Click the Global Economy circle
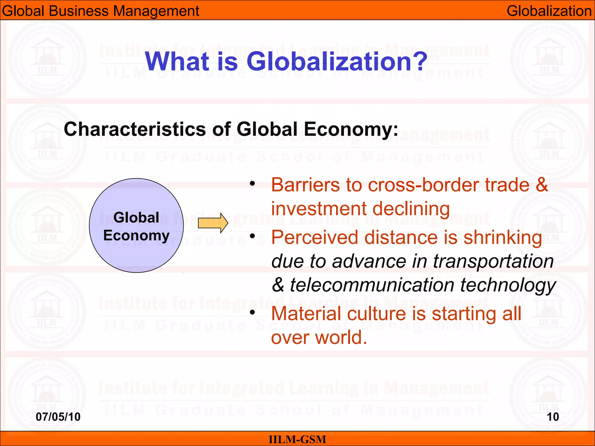coord(136,225)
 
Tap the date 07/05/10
coord(58,417)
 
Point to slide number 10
coord(553,417)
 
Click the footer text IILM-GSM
coord(297,439)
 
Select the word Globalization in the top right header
coord(549,11)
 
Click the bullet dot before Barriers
coord(252,184)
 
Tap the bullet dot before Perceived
coord(252,236)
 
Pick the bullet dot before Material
coord(252,312)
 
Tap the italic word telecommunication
coord(372,285)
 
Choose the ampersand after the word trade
coord(542,185)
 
